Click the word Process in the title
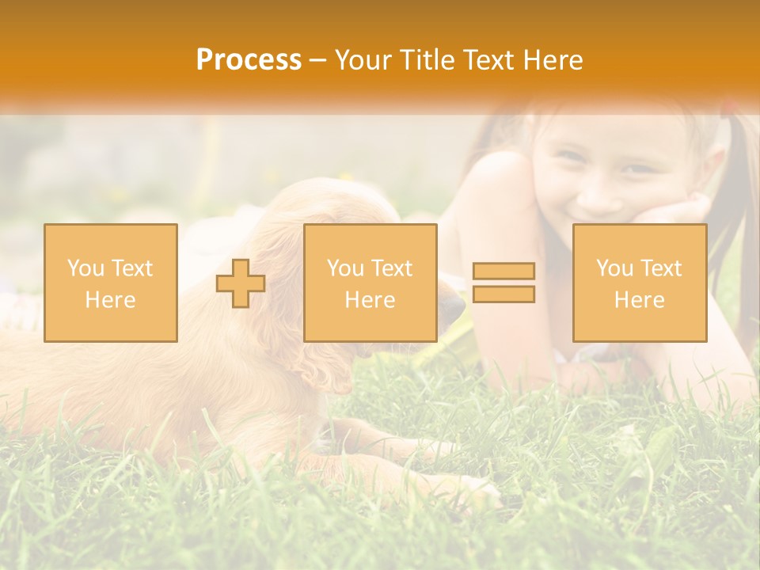(x=249, y=60)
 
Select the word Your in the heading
(x=362, y=60)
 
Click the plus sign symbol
(x=241, y=283)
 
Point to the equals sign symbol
(x=503, y=283)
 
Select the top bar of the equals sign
(x=503, y=272)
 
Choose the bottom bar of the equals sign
(x=503, y=294)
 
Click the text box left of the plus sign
(x=111, y=283)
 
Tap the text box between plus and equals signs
(x=370, y=283)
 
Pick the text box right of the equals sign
(x=639, y=283)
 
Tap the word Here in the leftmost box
(x=110, y=300)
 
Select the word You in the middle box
(x=345, y=268)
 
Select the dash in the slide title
(x=317, y=61)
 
